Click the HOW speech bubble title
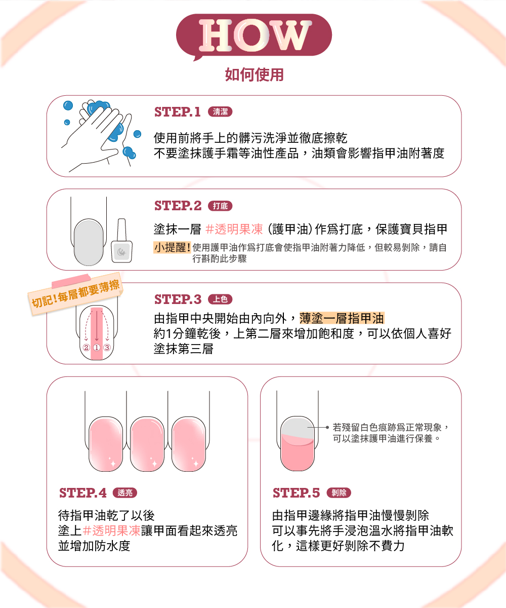[x=254, y=35]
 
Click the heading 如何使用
[x=254, y=74]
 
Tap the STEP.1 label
[x=178, y=112]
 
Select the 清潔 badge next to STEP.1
[x=220, y=112]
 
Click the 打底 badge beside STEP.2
[x=220, y=206]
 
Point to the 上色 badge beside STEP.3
[x=220, y=299]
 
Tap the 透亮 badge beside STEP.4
[x=125, y=492]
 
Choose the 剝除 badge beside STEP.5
[x=339, y=492]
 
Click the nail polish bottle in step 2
[x=121, y=241]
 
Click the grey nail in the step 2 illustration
[x=89, y=242]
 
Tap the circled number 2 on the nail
[x=86, y=348]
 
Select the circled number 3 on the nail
[x=107, y=348]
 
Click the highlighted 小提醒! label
[x=172, y=248]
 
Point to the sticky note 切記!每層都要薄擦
[x=75, y=293]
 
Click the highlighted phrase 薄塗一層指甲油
[x=342, y=318]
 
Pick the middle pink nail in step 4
[x=147, y=444]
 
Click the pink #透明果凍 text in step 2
[x=234, y=229]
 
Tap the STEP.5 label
[x=296, y=492]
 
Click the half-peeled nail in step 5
[x=298, y=443]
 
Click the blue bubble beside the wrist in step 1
[x=130, y=153]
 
